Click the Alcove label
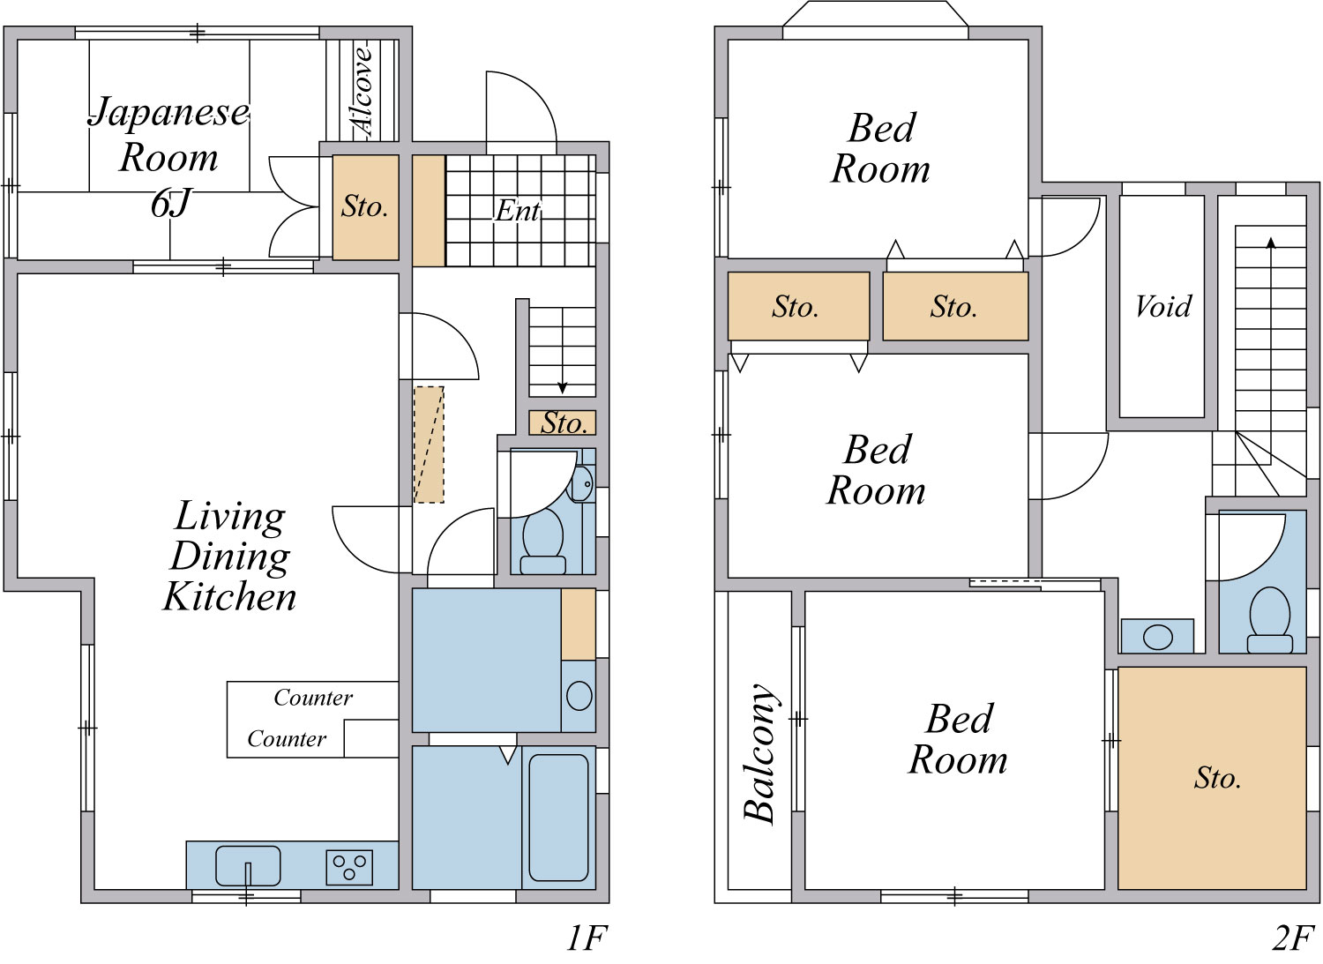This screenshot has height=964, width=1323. (x=362, y=91)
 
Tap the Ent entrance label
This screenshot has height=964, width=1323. (x=518, y=211)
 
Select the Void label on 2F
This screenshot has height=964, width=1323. (x=1163, y=306)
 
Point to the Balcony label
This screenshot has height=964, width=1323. (x=760, y=753)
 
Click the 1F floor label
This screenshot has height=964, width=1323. (x=587, y=938)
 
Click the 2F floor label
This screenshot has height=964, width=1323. (x=1294, y=938)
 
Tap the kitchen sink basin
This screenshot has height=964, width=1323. (x=248, y=865)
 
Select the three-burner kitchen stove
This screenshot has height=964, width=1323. (x=349, y=867)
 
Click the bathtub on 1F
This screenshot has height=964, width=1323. (x=558, y=818)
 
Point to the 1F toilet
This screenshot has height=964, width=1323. (x=542, y=542)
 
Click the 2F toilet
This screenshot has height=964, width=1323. (x=1269, y=620)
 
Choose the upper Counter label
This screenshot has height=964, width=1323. (x=313, y=698)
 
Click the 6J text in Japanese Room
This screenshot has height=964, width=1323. (x=171, y=203)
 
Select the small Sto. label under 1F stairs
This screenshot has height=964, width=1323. (x=564, y=423)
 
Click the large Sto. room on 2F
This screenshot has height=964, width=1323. (x=1211, y=778)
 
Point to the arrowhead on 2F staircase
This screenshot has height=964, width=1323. (x=1271, y=243)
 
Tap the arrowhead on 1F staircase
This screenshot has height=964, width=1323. (x=563, y=388)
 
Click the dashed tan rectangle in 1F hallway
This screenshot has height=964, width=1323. (x=429, y=445)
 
